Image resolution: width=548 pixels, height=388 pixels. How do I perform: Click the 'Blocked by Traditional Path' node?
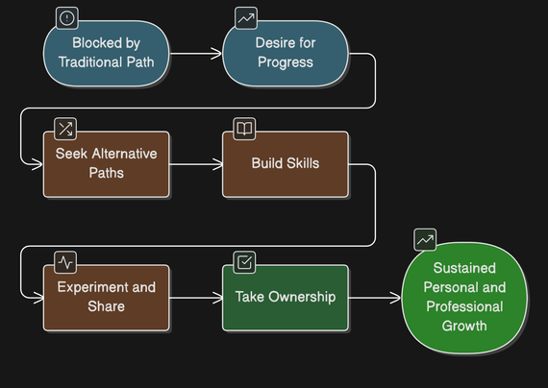pos(107,53)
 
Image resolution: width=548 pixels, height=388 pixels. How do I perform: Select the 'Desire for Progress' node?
pos(286,53)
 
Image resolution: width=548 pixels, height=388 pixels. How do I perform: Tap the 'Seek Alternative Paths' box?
pos(107,164)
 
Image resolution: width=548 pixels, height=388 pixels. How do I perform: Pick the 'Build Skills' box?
pos(286,164)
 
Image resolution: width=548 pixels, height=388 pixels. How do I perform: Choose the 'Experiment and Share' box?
pos(107,298)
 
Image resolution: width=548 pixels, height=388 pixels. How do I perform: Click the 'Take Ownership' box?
pos(286,298)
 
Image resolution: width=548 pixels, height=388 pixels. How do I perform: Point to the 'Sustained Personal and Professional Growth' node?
pos(464,298)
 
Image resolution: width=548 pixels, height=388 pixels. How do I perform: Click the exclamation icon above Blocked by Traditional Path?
pos(66,18)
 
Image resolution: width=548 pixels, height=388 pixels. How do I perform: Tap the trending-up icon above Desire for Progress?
pos(246,18)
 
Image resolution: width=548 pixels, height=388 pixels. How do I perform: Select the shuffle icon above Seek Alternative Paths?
pos(65,129)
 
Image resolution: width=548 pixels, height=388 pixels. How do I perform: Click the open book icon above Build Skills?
pos(244,129)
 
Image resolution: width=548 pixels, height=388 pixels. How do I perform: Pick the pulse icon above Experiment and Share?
pos(65,262)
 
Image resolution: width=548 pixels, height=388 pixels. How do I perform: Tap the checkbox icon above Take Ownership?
pos(244,262)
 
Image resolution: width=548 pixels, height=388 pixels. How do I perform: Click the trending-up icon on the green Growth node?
pos(425,239)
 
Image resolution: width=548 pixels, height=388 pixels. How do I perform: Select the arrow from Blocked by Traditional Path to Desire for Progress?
pos(196,54)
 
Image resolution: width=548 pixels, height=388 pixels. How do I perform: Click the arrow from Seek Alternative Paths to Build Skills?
pos(196,164)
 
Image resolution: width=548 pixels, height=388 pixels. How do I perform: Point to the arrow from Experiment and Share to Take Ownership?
pos(196,298)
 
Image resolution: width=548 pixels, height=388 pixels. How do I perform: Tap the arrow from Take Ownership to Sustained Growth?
pos(375,298)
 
